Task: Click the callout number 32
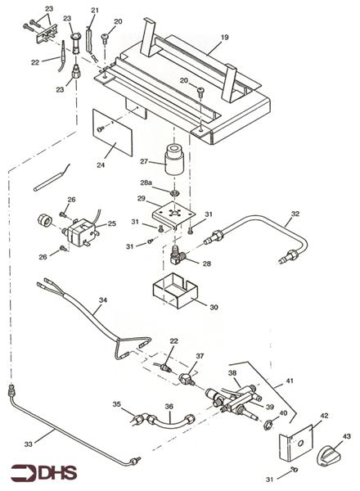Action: tap(295, 215)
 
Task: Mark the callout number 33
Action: tap(29, 444)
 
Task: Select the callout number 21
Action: tap(94, 11)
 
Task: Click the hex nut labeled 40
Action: tap(267, 424)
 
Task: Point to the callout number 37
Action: tap(200, 358)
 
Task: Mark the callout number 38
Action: tap(232, 372)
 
